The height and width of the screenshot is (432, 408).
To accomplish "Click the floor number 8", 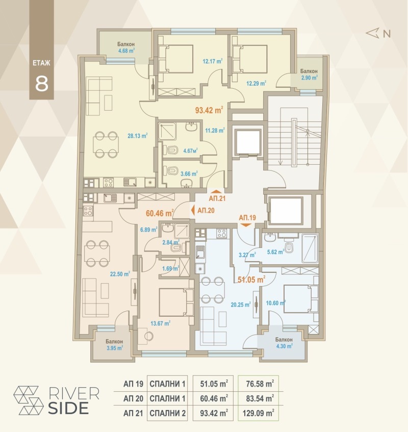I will (41, 83).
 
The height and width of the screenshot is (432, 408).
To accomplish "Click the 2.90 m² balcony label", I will (309, 78).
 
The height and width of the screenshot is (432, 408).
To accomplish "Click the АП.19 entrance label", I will (247, 218).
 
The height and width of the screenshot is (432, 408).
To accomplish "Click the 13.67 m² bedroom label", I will (160, 322).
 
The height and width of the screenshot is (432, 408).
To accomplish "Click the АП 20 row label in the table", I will (133, 398).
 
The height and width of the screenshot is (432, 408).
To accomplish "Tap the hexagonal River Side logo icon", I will (29, 399).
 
